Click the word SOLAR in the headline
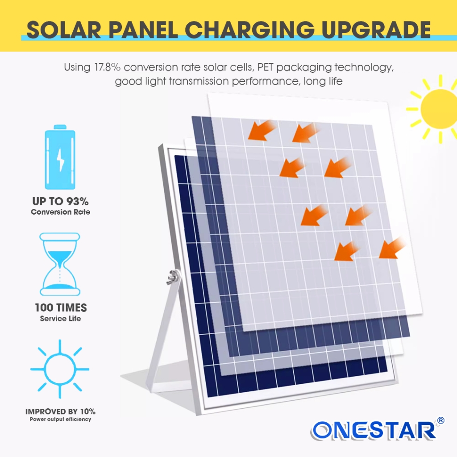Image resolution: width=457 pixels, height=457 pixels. click(x=64, y=30)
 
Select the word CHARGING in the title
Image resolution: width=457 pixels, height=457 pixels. click(x=249, y=30)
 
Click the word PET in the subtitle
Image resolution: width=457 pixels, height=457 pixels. click(x=265, y=67)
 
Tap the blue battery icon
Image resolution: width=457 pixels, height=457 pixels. click(x=60, y=157)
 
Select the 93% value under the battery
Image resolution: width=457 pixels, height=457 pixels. click(x=77, y=201)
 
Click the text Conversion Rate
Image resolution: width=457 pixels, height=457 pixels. click(x=61, y=212)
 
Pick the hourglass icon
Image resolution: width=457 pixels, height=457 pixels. click(x=60, y=264)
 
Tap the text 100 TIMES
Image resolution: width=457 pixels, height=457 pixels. click(x=61, y=308)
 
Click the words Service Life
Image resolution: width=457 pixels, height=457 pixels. click(x=60, y=319)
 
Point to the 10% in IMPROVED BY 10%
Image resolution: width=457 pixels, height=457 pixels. click(x=88, y=411)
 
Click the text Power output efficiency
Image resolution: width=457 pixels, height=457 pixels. click(x=60, y=419)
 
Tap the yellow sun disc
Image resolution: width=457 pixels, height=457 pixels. click(x=439, y=109)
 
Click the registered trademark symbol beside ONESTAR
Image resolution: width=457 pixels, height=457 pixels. click(x=440, y=420)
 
